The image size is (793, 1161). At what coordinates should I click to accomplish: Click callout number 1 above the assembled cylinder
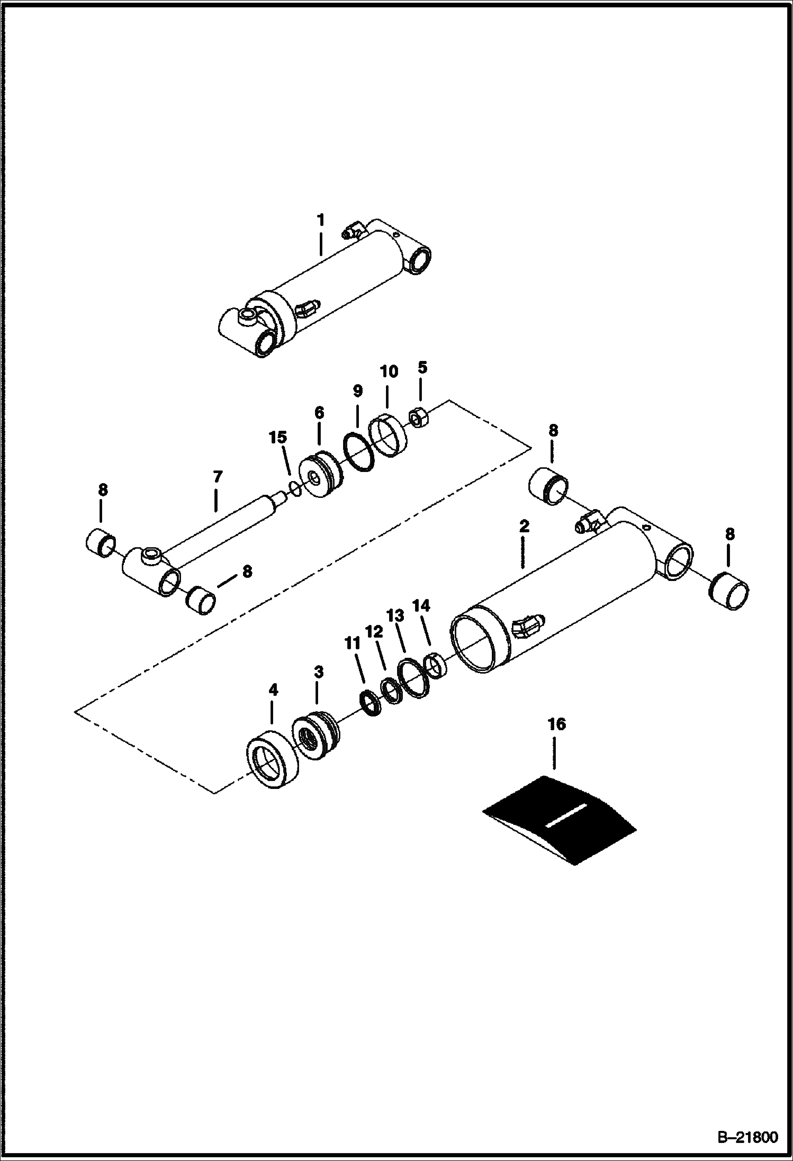point(320,220)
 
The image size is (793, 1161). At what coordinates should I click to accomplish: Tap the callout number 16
point(556,724)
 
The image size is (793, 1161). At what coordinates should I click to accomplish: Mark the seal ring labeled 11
point(370,704)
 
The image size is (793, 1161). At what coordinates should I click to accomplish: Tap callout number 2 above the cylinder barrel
point(523,527)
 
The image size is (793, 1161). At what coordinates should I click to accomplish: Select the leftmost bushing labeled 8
point(102,542)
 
